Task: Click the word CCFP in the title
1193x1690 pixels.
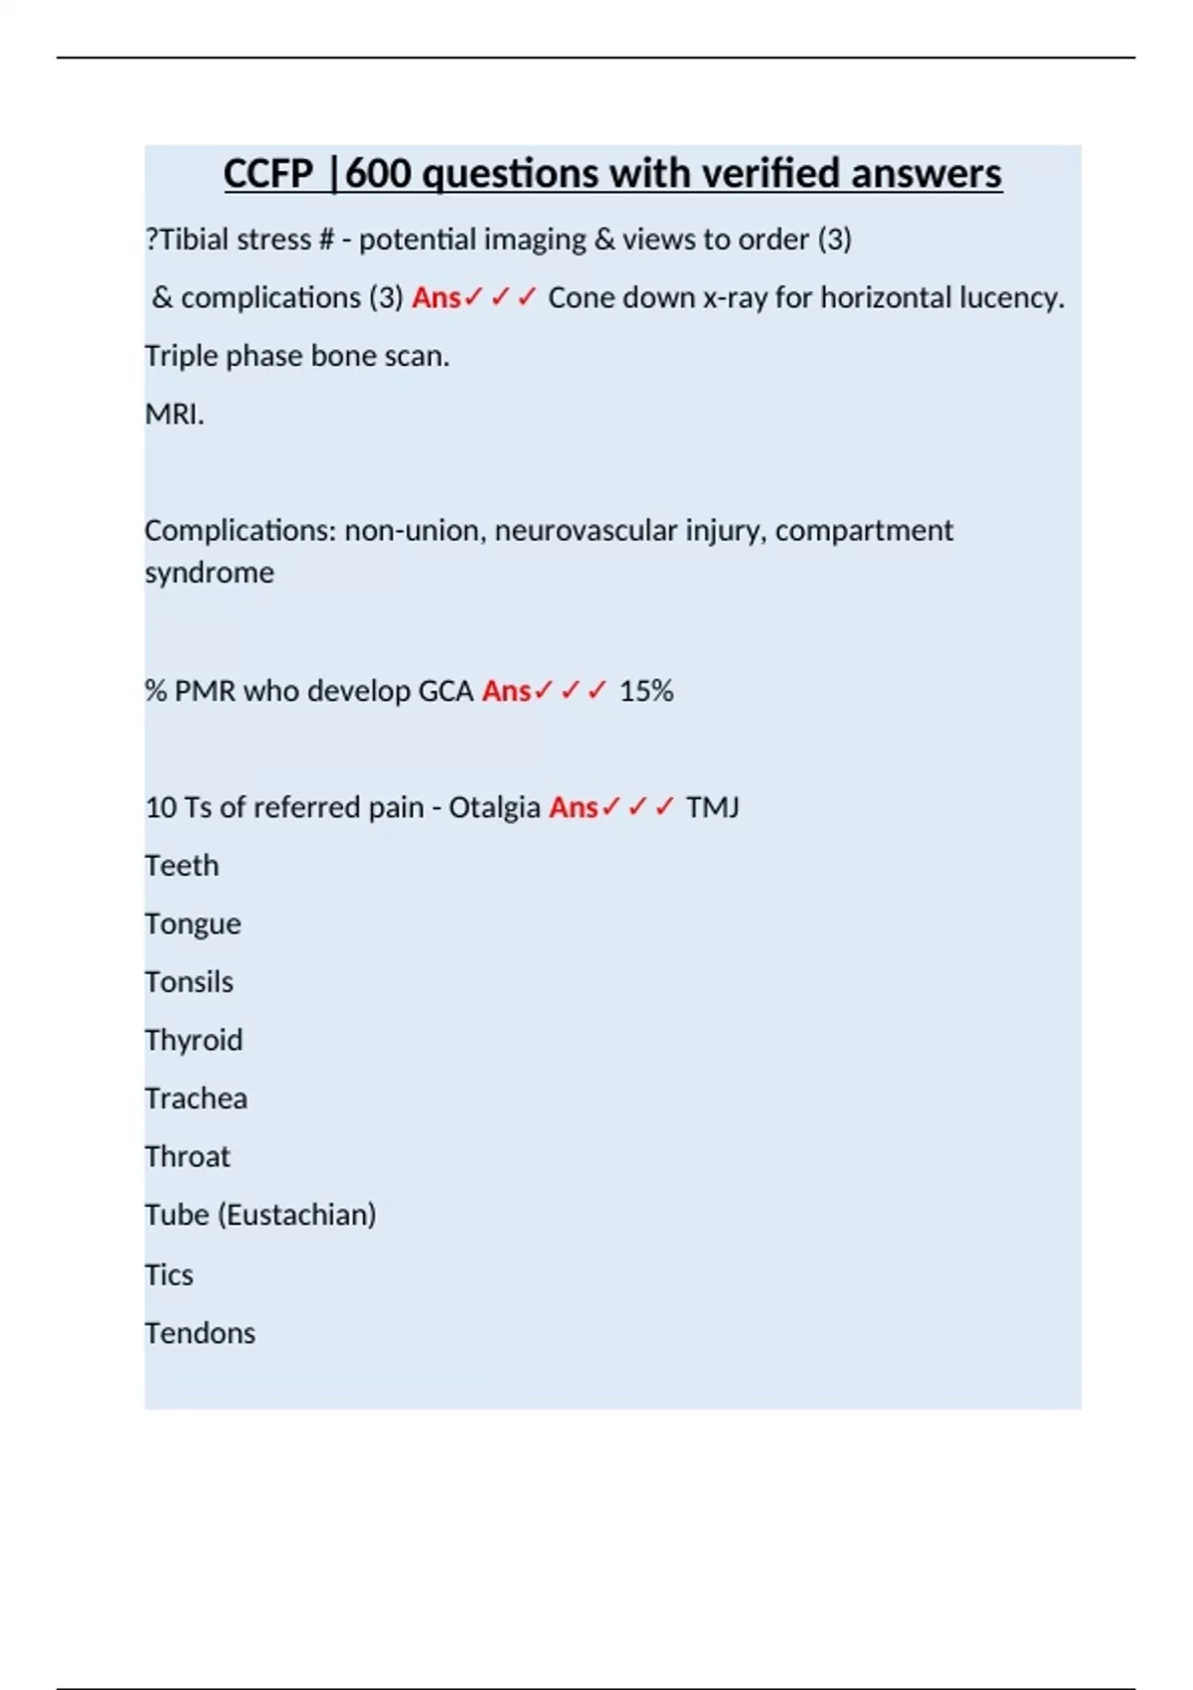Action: click(x=267, y=174)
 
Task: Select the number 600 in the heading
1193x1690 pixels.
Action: click(x=378, y=174)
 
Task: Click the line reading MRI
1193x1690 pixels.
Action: click(x=174, y=414)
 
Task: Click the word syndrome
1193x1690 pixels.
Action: click(x=209, y=573)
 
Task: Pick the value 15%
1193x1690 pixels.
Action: click(x=646, y=691)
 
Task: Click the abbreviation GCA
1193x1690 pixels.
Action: click(x=445, y=691)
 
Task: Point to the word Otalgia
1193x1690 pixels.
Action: click(x=494, y=807)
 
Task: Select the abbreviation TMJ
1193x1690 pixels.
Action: click(x=712, y=807)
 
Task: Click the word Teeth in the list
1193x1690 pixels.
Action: click(x=182, y=866)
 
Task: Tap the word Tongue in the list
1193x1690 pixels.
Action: click(x=193, y=925)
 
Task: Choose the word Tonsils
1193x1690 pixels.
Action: click(x=189, y=982)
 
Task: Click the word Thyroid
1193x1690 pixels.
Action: click(x=194, y=1041)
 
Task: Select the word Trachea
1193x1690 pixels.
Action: click(x=196, y=1098)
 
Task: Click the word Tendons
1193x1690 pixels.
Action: click(x=200, y=1333)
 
